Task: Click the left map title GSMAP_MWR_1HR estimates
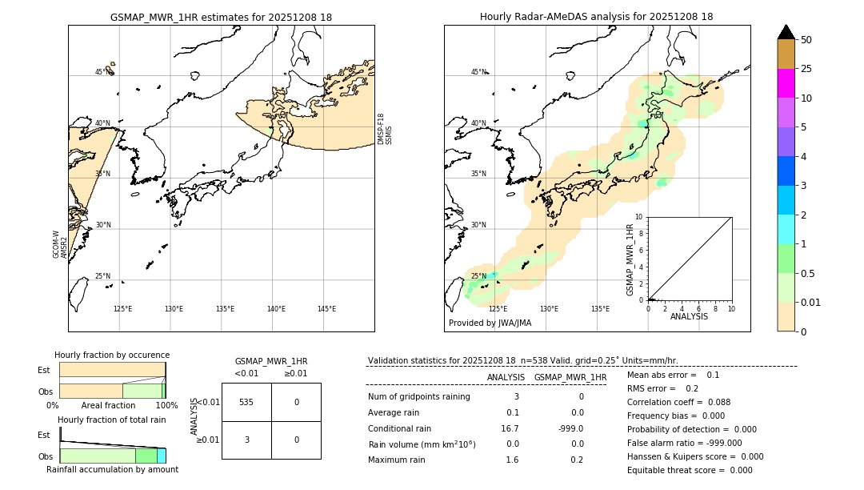(221, 17)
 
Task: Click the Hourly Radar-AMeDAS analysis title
(596, 17)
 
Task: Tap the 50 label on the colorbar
(806, 40)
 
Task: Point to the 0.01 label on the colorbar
(811, 303)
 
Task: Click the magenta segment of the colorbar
(786, 83)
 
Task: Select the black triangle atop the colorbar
(786, 32)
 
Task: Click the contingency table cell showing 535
(246, 402)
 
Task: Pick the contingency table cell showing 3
(246, 440)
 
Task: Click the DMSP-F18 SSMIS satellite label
(384, 129)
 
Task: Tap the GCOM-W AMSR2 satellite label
(60, 245)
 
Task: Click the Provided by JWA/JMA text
(490, 323)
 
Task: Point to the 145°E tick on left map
(326, 309)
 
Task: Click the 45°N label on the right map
(478, 72)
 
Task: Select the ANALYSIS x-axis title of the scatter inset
(689, 316)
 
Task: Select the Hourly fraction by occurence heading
(111, 355)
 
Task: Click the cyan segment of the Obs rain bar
(161, 456)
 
